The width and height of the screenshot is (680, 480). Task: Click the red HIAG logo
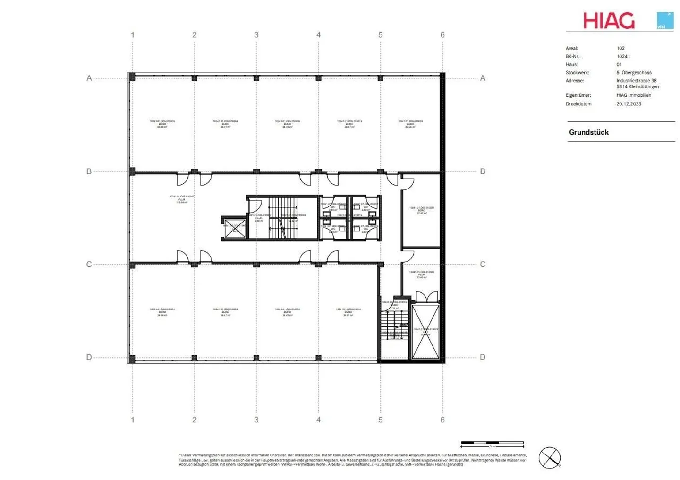609,21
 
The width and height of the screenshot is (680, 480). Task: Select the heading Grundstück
588,132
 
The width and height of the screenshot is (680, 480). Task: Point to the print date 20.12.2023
629,104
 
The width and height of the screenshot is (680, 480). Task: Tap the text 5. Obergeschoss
634,73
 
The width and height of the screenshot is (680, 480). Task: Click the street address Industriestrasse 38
636,81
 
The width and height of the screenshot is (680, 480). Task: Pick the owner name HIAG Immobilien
633,95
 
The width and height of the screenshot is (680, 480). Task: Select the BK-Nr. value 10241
623,56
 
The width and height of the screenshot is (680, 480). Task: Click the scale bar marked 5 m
492,444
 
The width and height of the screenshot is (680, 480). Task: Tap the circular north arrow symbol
550,458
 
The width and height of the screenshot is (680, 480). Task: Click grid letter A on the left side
89,78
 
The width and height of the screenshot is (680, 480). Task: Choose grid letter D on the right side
483,357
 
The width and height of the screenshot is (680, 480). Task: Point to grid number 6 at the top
442,35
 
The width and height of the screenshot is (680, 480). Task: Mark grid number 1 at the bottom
133,420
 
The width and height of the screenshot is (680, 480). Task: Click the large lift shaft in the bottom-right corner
425,332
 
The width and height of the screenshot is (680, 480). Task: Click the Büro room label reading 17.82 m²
422,210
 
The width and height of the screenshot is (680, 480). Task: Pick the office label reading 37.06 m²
410,124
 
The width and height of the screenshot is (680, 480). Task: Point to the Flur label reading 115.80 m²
182,199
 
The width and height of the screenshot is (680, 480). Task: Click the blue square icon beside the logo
665,21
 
